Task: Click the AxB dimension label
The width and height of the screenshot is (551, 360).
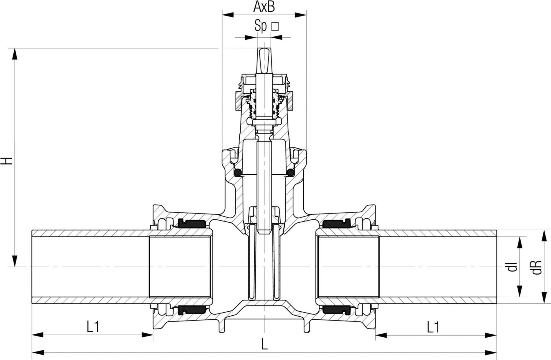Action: (x=264, y=7)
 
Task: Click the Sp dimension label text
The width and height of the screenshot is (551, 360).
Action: (x=261, y=26)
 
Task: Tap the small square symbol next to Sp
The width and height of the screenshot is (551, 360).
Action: (x=275, y=27)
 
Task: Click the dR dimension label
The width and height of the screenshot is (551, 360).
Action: (x=538, y=267)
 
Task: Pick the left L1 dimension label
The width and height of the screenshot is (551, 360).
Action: (x=93, y=327)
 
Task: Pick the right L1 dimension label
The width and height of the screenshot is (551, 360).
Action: (x=433, y=327)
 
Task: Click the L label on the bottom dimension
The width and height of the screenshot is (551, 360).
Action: (x=264, y=345)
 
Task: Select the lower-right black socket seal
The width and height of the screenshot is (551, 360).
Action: (x=336, y=311)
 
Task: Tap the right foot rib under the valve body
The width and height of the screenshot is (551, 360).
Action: (x=307, y=326)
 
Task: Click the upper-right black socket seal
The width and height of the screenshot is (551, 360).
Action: (x=336, y=224)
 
